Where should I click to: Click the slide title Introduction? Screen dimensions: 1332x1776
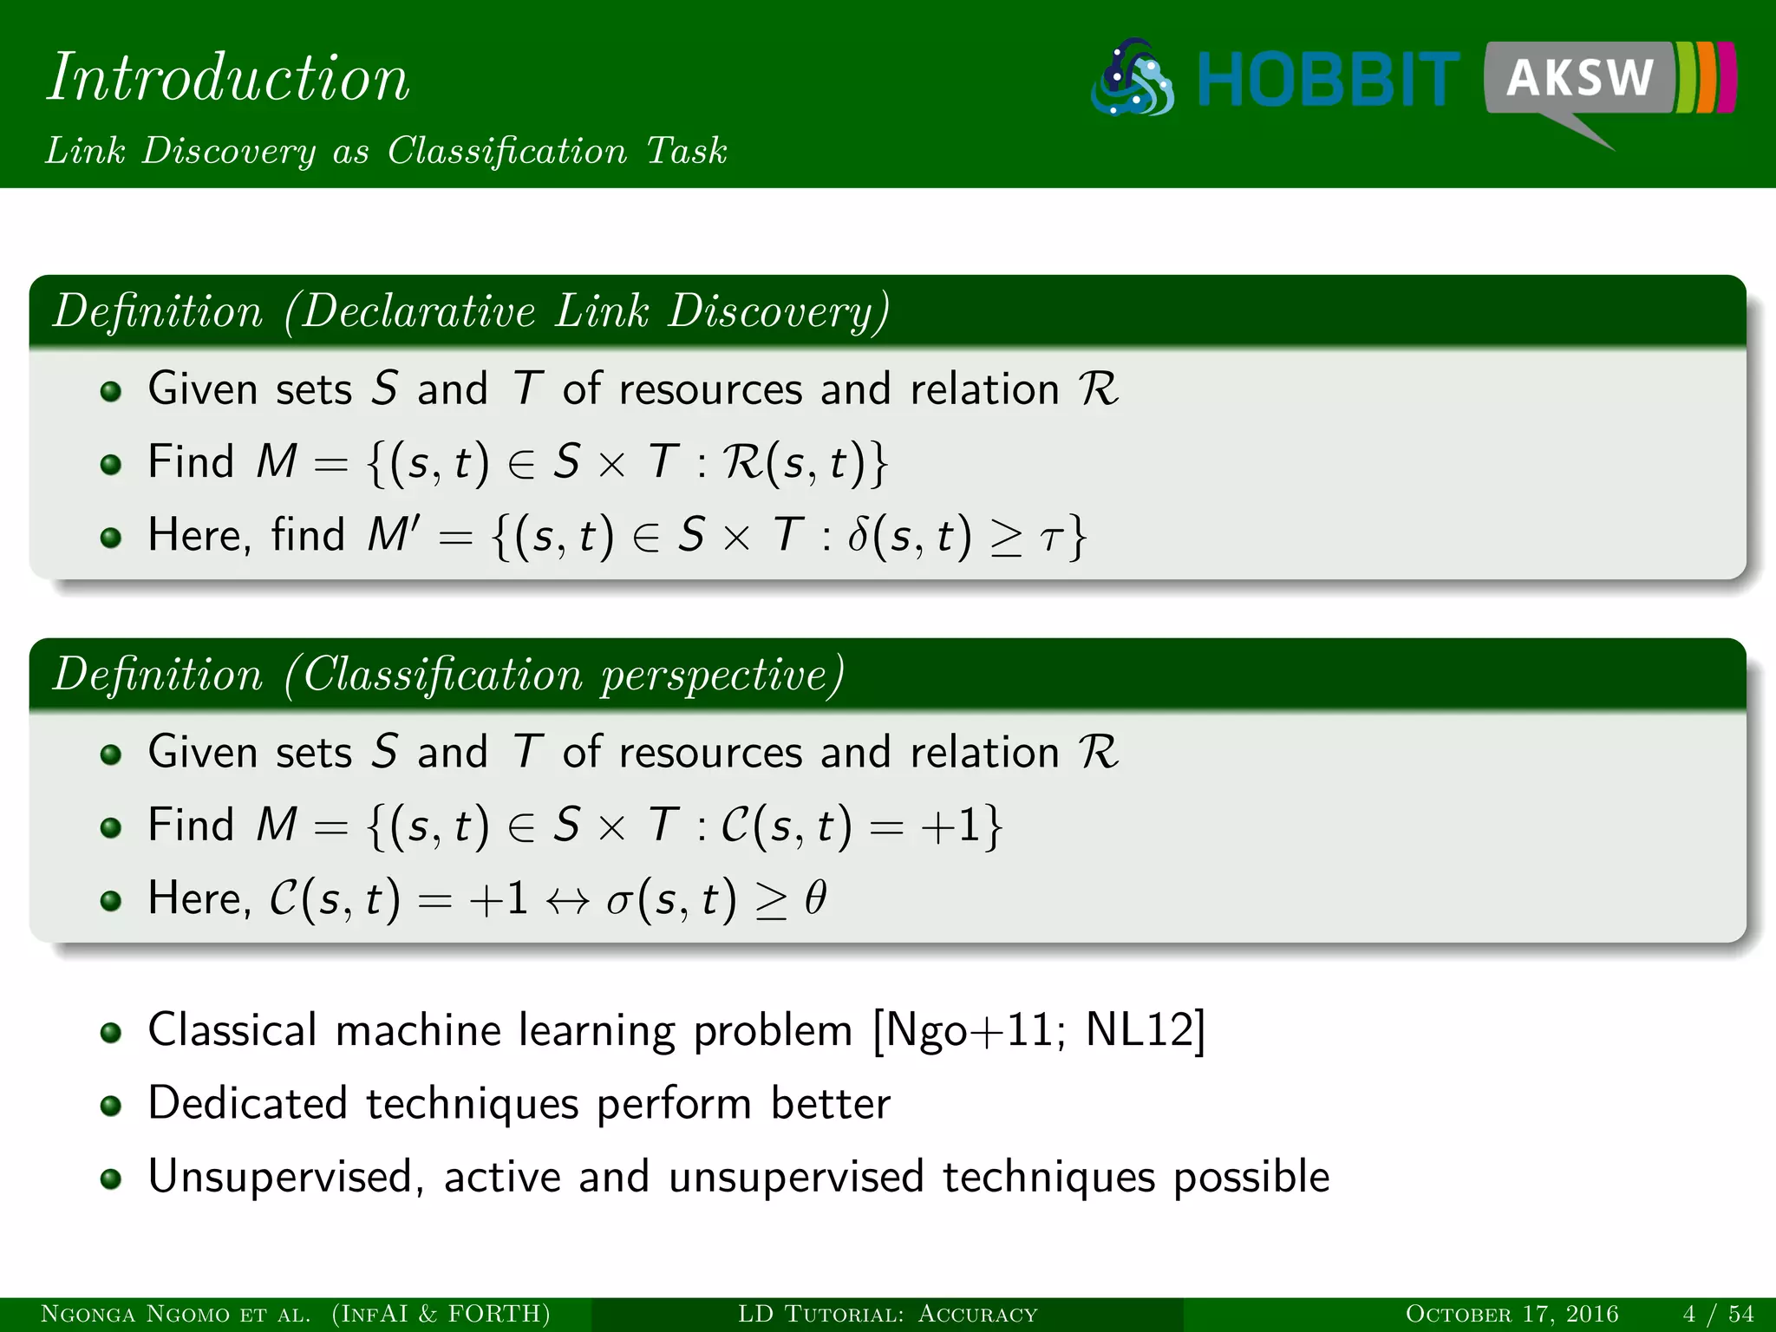coord(227,77)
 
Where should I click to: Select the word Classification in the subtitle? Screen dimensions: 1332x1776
coord(506,151)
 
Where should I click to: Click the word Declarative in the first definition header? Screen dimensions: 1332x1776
coord(420,310)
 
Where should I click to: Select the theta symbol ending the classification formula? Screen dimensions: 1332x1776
coord(815,898)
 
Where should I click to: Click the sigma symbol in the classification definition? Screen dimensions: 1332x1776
coord(618,900)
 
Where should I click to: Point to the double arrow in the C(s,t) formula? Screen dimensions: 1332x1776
coord(568,900)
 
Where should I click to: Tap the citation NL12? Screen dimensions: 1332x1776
coord(1138,1031)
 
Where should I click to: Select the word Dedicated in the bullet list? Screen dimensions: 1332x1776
coord(247,1104)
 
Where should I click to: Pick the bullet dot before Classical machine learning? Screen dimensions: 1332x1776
coord(110,1033)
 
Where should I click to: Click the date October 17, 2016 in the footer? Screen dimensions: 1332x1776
coord(1512,1314)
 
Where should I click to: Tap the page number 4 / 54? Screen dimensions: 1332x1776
coord(1718,1314)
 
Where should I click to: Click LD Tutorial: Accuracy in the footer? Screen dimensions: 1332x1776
coord(887,1314)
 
